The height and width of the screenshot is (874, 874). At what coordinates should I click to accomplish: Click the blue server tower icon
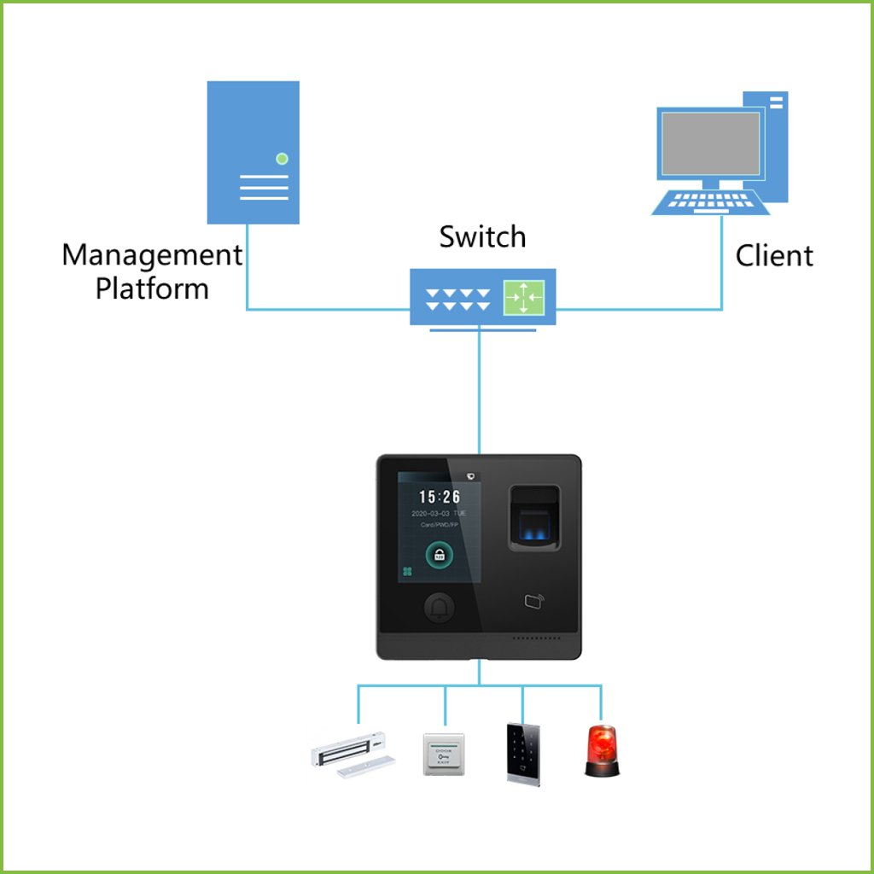click(253, 152)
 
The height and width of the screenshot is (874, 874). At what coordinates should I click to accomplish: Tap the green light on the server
click(283, 159)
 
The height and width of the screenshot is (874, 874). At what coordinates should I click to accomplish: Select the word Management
click(152, 254)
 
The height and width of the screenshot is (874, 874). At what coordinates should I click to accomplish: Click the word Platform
click(152, 288)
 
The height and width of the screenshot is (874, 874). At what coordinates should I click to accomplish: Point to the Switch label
click(482, 236)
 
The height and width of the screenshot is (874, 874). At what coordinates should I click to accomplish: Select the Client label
click(774, 255)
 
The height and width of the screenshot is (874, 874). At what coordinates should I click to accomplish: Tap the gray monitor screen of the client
click(708, 143)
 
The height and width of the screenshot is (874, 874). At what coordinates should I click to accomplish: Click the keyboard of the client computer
click(705, 202)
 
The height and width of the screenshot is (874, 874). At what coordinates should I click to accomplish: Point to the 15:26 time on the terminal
click(440, 497)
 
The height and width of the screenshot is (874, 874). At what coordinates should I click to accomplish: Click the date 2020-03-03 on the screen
click(439, 514)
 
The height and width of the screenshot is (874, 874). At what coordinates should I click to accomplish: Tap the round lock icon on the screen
click(440, 556)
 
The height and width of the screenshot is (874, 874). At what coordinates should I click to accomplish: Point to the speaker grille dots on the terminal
click(535, 638)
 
